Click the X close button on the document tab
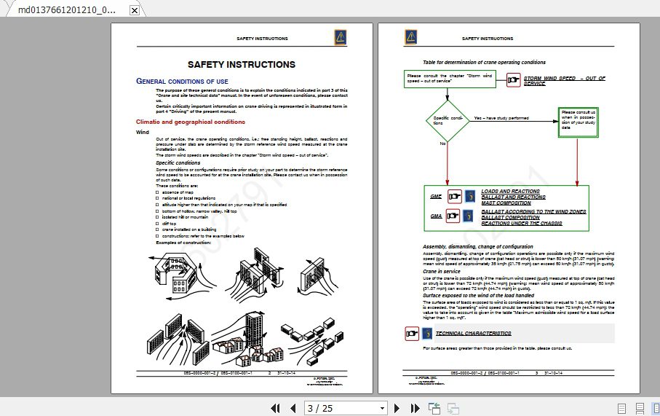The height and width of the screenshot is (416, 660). tap(134, 10)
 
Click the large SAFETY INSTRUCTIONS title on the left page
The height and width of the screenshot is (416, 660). tap(241, 65)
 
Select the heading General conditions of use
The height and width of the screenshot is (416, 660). tap(182, 81)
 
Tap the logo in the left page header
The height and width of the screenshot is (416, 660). tap(341, 38)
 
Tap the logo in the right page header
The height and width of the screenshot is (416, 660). tap(411, 38)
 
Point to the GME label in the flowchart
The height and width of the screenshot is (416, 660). tap(436, 197)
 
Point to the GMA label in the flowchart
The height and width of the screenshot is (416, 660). tap(436, 216)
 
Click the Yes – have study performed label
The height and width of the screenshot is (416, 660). tap(501, 117)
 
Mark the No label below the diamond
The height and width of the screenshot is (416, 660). tap(442, 144)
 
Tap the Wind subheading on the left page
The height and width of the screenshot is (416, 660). tap(143, 133)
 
